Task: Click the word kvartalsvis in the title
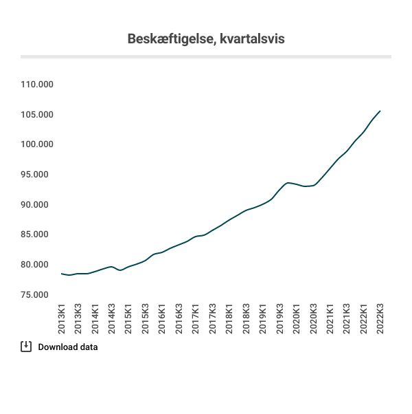click(x=251, y=39)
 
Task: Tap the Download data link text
click(x=68, y=347)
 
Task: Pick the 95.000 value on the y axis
click(x=40, y=175)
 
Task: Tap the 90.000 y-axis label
click(x=40, y=205)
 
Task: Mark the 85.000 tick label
click(x=40, y=235)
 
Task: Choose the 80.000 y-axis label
click(x=40, y=265)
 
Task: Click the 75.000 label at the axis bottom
click(x=40, y=295)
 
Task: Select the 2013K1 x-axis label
click(x=62, y=317)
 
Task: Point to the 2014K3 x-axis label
click(x=112, y=317)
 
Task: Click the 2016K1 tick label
click(x=162, y=317)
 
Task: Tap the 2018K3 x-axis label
click(x=246, y=317)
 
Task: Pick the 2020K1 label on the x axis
click(x=296, y=317)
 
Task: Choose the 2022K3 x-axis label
click(x=380, y=317)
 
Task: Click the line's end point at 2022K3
click(x=380, y=111)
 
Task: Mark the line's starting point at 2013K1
click(x=62, y=274)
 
